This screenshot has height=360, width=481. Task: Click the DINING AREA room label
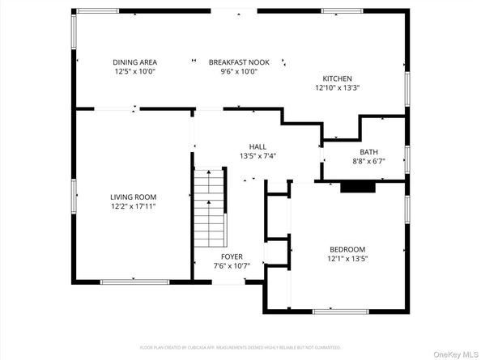[134, 62]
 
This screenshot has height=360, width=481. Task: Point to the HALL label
[258, 146]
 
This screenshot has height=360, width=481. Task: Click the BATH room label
[368, 151]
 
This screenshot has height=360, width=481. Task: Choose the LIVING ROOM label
[134, 197]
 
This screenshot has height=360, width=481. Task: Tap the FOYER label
[232, 256]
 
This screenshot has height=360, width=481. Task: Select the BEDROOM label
[347, 249]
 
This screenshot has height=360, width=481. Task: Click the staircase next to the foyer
[209, 210]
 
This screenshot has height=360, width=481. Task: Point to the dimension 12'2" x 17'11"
[134, 206]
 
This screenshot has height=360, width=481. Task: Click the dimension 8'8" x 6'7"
[368, 161]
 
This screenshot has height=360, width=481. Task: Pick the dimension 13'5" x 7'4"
[258, 156]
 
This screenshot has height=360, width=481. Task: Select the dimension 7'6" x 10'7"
[232, 265]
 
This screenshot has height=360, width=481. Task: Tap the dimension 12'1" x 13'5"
[347, 259]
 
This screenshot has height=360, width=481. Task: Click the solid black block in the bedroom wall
[358, 187]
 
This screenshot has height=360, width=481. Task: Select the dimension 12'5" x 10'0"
[134, 72]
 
